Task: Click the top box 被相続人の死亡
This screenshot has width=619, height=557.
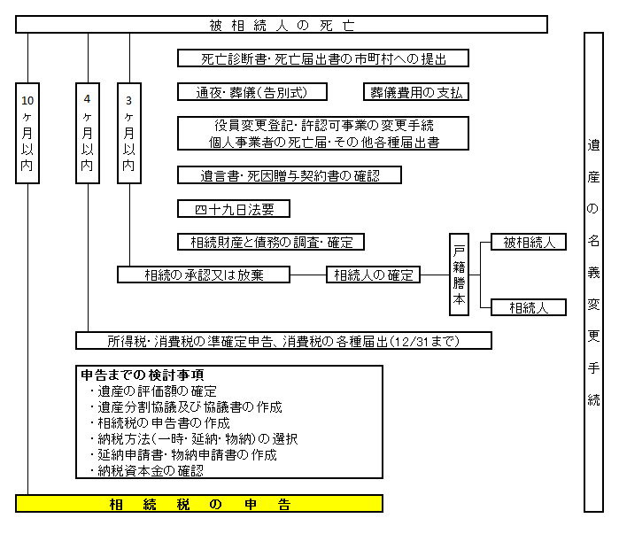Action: pos(282,25)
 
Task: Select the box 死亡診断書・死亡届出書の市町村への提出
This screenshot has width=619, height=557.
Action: pos(323,58)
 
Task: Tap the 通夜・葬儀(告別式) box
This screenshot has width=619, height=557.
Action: pos(252,92)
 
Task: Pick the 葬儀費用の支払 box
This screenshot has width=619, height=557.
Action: pos(416,92)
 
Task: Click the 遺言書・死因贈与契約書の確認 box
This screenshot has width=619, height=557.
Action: pos(290,175)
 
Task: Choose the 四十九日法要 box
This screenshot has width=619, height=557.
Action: pos(234,209)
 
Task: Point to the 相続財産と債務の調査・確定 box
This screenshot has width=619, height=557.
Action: pos(271,242)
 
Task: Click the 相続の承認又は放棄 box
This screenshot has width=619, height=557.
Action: pos(204,275)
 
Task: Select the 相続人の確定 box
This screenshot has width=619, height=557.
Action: pos(373,275)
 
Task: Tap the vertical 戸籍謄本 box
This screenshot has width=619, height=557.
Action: pos(459,275)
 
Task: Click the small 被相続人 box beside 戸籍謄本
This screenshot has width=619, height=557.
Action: pos(529,242)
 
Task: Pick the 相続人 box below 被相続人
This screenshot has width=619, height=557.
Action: pos(529,307)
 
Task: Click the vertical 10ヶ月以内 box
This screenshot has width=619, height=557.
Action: pos(27,134)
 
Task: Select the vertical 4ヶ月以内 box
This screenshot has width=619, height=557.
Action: pos(88,134)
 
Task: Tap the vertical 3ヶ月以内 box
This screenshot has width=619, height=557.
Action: pos(129,134)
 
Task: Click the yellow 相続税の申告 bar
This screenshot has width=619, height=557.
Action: pos(199,504)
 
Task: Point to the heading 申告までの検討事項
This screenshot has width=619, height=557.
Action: pos(142,375)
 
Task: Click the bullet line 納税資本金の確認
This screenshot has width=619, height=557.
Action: pos(146,470)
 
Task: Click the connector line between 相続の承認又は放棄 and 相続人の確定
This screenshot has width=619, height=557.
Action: pos(308,275)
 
